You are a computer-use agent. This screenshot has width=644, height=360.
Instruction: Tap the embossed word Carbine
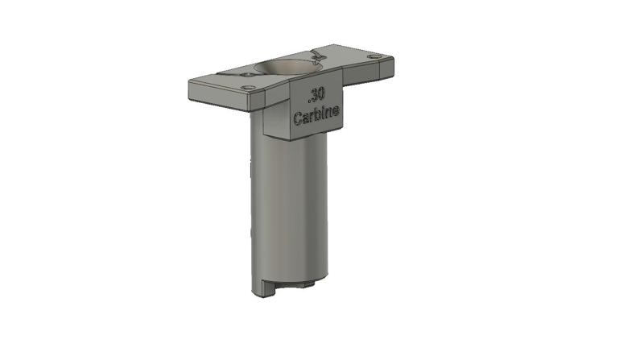[x=316, y=117]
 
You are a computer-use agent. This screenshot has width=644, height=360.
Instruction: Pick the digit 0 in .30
[x=321, y=93]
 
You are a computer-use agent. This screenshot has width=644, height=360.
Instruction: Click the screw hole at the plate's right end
[x=374, y=56]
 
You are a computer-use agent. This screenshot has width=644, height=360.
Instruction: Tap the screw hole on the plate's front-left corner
[x=248, y=87]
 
